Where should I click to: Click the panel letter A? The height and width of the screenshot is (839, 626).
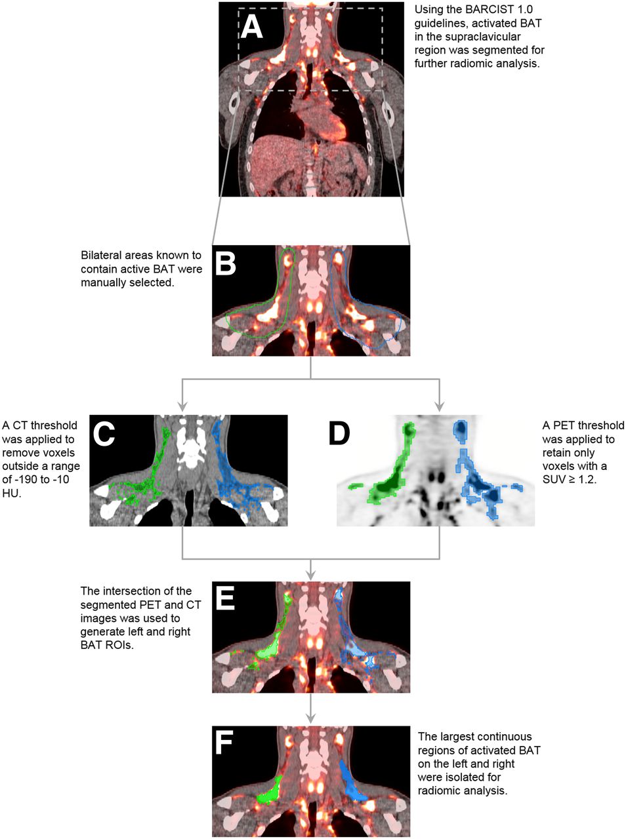tap(252, 28)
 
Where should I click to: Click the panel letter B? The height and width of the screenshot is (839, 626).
tap(225, 264)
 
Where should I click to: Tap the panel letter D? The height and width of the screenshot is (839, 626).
tap(340, 434)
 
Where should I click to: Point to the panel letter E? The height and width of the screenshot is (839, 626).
tap(224, 599)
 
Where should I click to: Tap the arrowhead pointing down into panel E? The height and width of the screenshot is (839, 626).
tap(311, 574)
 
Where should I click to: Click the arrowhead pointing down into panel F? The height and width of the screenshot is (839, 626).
tap(311, 718)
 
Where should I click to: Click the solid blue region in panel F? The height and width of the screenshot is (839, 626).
tap(351, 782)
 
